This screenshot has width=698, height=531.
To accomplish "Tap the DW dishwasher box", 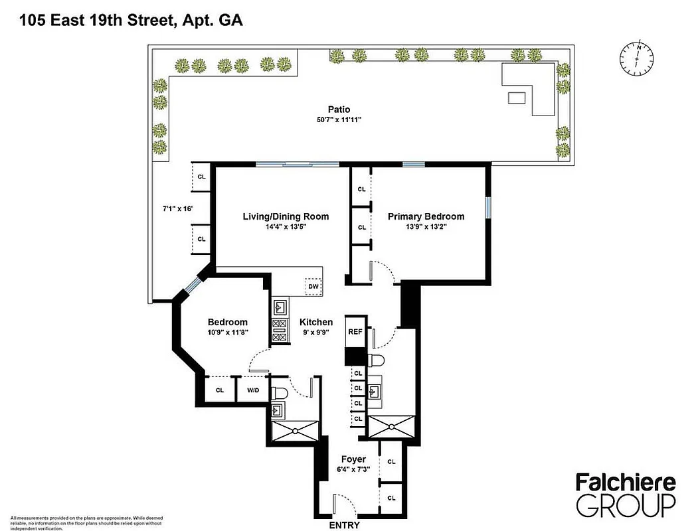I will pyautogui.click(x=312, y=286).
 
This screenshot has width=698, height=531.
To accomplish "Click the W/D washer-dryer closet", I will pyautogui.click(x=252, y=390).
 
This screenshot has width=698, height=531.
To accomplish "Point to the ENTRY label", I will pyautogui.click(x=344, y=525).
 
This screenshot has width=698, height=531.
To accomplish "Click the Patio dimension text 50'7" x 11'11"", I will pyautogui.click(x=339, y=120).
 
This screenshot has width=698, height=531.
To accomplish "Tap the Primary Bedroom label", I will pyautogui.click(x=426, y=216).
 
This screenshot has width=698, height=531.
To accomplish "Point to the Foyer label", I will pyautogui.click(x=353, y=459).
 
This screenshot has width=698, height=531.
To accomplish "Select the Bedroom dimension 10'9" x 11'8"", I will pyautogui.click(x=227, y=333).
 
